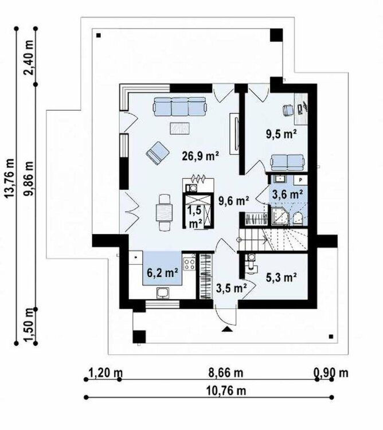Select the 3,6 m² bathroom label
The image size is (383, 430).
(287, 194)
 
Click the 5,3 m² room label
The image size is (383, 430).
(281, 278)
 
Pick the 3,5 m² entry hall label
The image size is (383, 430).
(232, 287)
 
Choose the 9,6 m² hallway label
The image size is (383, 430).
(233, 201)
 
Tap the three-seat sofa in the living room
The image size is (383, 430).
(180, 105)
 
